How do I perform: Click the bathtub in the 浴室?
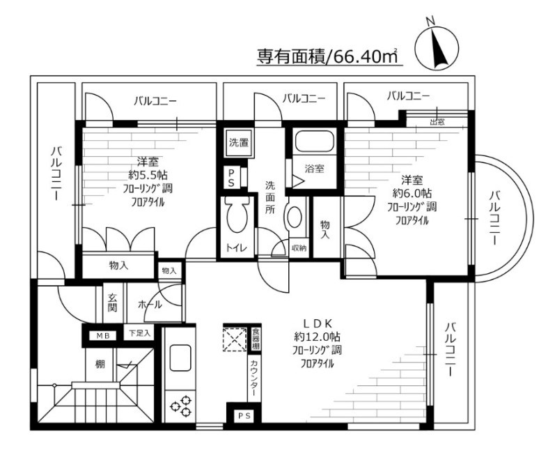point(314,144)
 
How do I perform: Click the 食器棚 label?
point(256,338)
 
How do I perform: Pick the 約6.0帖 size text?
point(412,192)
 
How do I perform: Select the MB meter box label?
point(103,335)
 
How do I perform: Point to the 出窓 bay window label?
point(437,122)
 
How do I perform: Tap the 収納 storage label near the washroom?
point(299,248)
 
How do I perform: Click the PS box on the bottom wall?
point(242,417)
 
